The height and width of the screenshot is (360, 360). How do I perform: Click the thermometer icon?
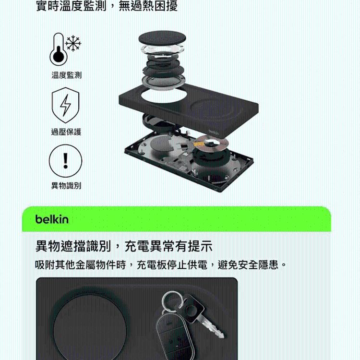(58, 49)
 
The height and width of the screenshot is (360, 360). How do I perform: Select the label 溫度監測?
(66, 75)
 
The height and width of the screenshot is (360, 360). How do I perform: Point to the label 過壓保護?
(66, 132)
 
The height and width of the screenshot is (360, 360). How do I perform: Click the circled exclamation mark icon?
(65, 160)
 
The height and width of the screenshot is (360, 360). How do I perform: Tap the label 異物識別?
(66, 186)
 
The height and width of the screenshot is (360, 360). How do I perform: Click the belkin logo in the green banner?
(52, 219)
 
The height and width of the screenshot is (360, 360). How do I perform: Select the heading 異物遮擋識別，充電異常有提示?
(124, 247)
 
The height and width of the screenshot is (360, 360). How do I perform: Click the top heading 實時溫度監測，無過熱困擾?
(107, 7)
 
